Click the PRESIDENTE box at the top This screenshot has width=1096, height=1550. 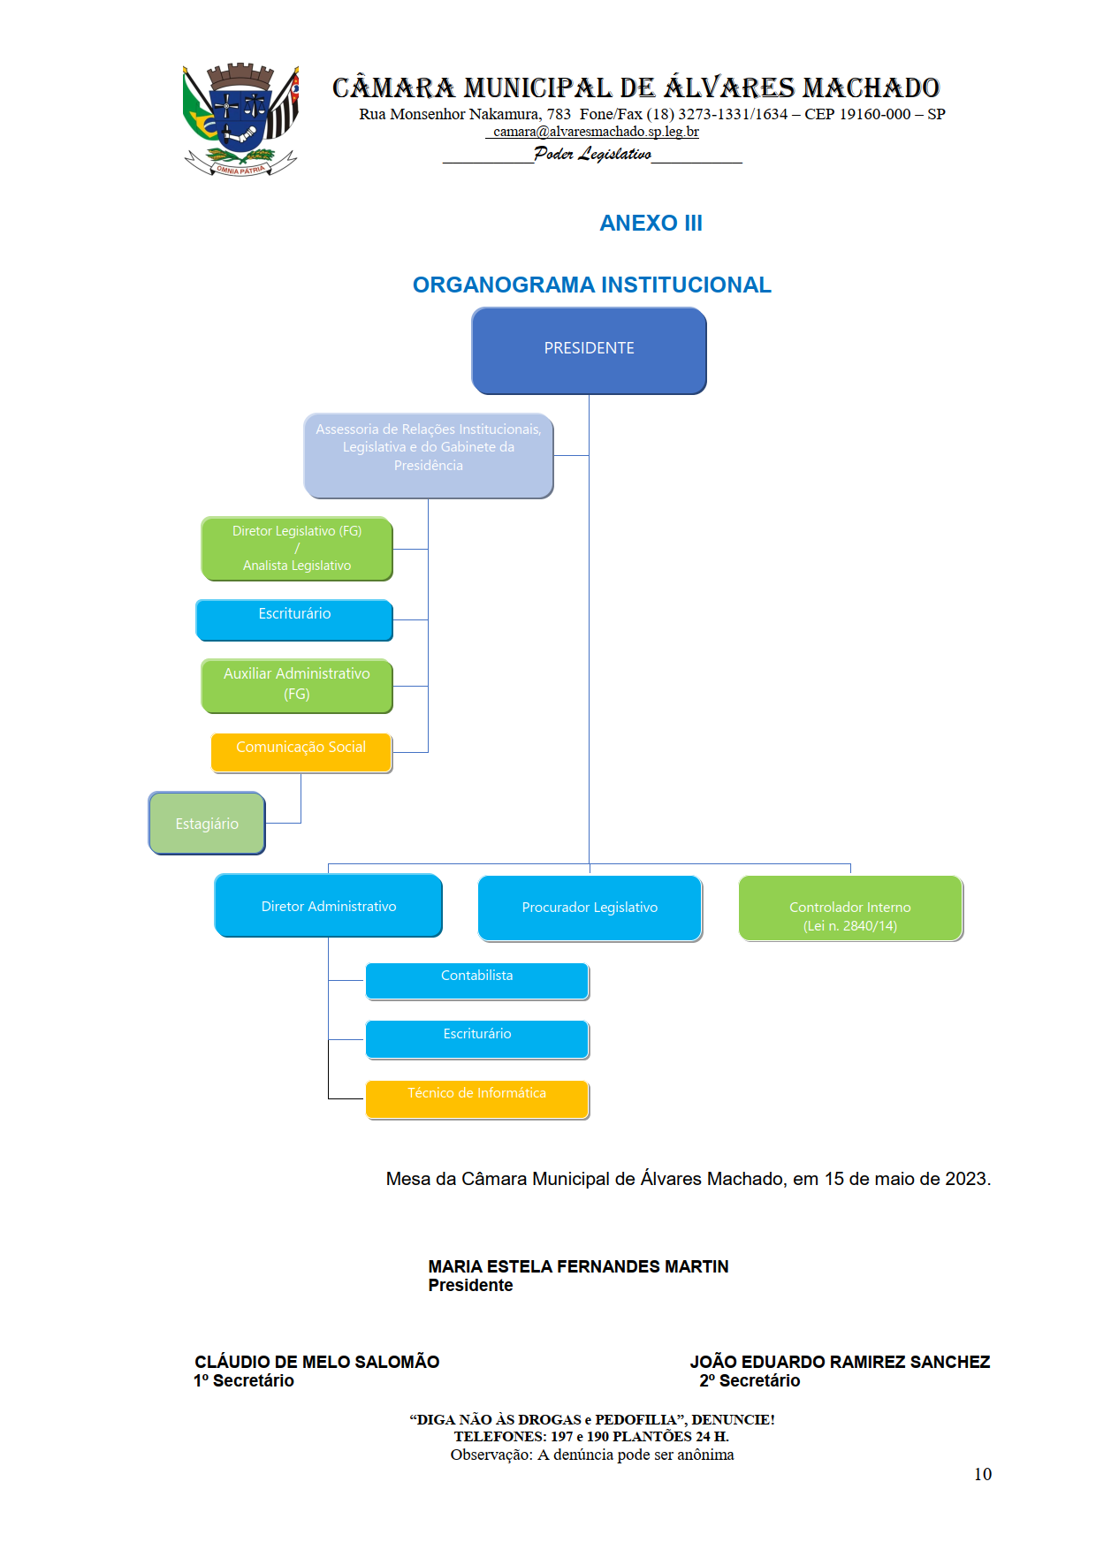[589, 350]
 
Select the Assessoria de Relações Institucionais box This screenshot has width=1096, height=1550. [429, 455]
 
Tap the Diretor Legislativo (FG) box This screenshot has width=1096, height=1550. [297, 549]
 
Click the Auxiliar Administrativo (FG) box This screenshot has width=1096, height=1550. [297, 685]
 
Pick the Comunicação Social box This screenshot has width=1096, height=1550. [301, 752]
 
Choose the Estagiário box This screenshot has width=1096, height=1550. [207, 824]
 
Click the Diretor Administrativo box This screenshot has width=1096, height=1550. [328, 906]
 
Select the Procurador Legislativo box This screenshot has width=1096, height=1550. [590, 908]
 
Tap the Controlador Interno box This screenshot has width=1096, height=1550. [850, 908]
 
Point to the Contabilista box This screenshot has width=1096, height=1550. [477, 980]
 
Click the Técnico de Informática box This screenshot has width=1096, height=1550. [477, 1098]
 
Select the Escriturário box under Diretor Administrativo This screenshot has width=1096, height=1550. [477, 1038]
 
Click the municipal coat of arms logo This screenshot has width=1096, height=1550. [240, 119]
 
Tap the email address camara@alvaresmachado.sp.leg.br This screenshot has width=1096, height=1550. [596, 132]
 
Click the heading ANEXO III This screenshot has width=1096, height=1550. [651, 223]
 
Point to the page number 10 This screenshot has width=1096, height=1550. [982, 1474]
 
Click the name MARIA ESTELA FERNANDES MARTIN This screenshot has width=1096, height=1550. [578, 1266]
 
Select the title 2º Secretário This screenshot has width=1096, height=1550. [750, 1380]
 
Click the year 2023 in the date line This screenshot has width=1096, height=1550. [966, 1179]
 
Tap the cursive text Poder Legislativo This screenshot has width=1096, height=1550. [592, 154]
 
